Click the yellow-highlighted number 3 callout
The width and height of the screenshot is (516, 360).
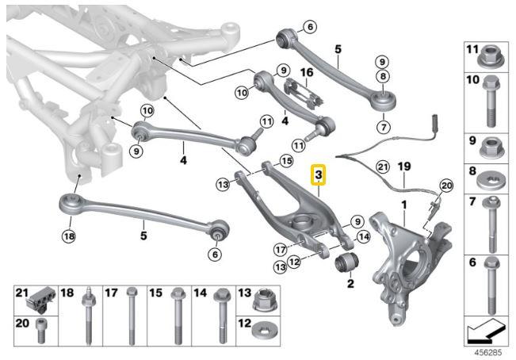click(x=319, y=174)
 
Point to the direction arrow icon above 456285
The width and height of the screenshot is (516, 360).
click(x=484, y=327)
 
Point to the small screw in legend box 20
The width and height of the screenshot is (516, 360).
click(x=39, y=331)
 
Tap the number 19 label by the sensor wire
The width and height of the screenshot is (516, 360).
click(x=404, y=167)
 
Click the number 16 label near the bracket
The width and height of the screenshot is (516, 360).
click(x=306, y=73)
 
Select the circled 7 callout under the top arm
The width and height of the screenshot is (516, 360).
click(x=384, y=126)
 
